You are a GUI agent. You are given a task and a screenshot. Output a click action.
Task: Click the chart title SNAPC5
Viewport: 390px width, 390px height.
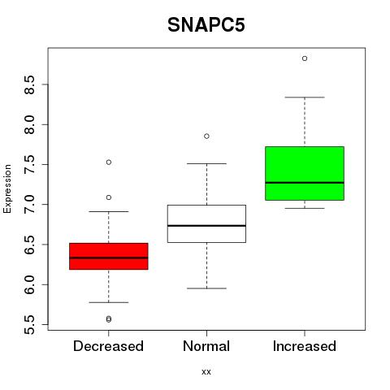[x=206, y=25]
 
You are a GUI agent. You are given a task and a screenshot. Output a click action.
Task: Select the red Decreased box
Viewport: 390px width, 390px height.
[x=109, y=256]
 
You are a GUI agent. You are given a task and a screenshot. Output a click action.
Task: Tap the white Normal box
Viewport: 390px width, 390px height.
[x=206, y=223]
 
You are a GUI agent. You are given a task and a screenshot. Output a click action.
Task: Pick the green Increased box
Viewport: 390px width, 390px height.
[x=305, y=173]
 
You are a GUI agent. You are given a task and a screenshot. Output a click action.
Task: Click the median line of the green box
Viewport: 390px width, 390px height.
[x=305, y=183]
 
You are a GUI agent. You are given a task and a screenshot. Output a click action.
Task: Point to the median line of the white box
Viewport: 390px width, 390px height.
[x=206, y=226]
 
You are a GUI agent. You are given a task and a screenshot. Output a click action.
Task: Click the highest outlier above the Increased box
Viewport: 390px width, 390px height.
[x=305, y=58]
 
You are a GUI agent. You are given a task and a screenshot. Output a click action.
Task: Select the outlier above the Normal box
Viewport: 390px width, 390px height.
[x=206, y=136]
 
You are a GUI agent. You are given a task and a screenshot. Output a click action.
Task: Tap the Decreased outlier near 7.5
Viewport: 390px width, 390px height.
[x=109, y=162]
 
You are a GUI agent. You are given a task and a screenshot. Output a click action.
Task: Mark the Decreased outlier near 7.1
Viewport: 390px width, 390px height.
[x=109, y=197]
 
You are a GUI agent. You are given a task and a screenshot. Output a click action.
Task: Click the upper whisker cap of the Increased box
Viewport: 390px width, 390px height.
[x=305, y=97]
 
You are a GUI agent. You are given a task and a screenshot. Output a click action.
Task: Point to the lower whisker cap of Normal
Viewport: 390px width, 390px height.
[x=206, y=288]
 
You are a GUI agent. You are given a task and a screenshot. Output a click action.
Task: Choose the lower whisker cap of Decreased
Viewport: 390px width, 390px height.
[x=109, y=302]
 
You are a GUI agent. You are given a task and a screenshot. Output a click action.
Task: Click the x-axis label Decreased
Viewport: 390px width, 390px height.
[x=108, y=346]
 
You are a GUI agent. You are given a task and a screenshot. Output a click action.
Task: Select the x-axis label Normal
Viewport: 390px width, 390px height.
[x=206, y=346]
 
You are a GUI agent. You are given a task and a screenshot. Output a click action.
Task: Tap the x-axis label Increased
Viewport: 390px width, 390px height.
[x=305, y=346]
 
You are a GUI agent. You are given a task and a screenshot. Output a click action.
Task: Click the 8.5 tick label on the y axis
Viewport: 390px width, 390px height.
[x=29, y=84]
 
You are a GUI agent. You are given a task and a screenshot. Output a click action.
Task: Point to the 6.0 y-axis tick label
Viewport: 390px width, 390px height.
[x=29, y=285]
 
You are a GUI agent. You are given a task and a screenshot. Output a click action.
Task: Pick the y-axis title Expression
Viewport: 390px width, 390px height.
[x=7, y=188]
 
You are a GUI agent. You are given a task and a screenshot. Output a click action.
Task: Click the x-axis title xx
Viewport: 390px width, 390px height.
[x=206, y=372]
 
